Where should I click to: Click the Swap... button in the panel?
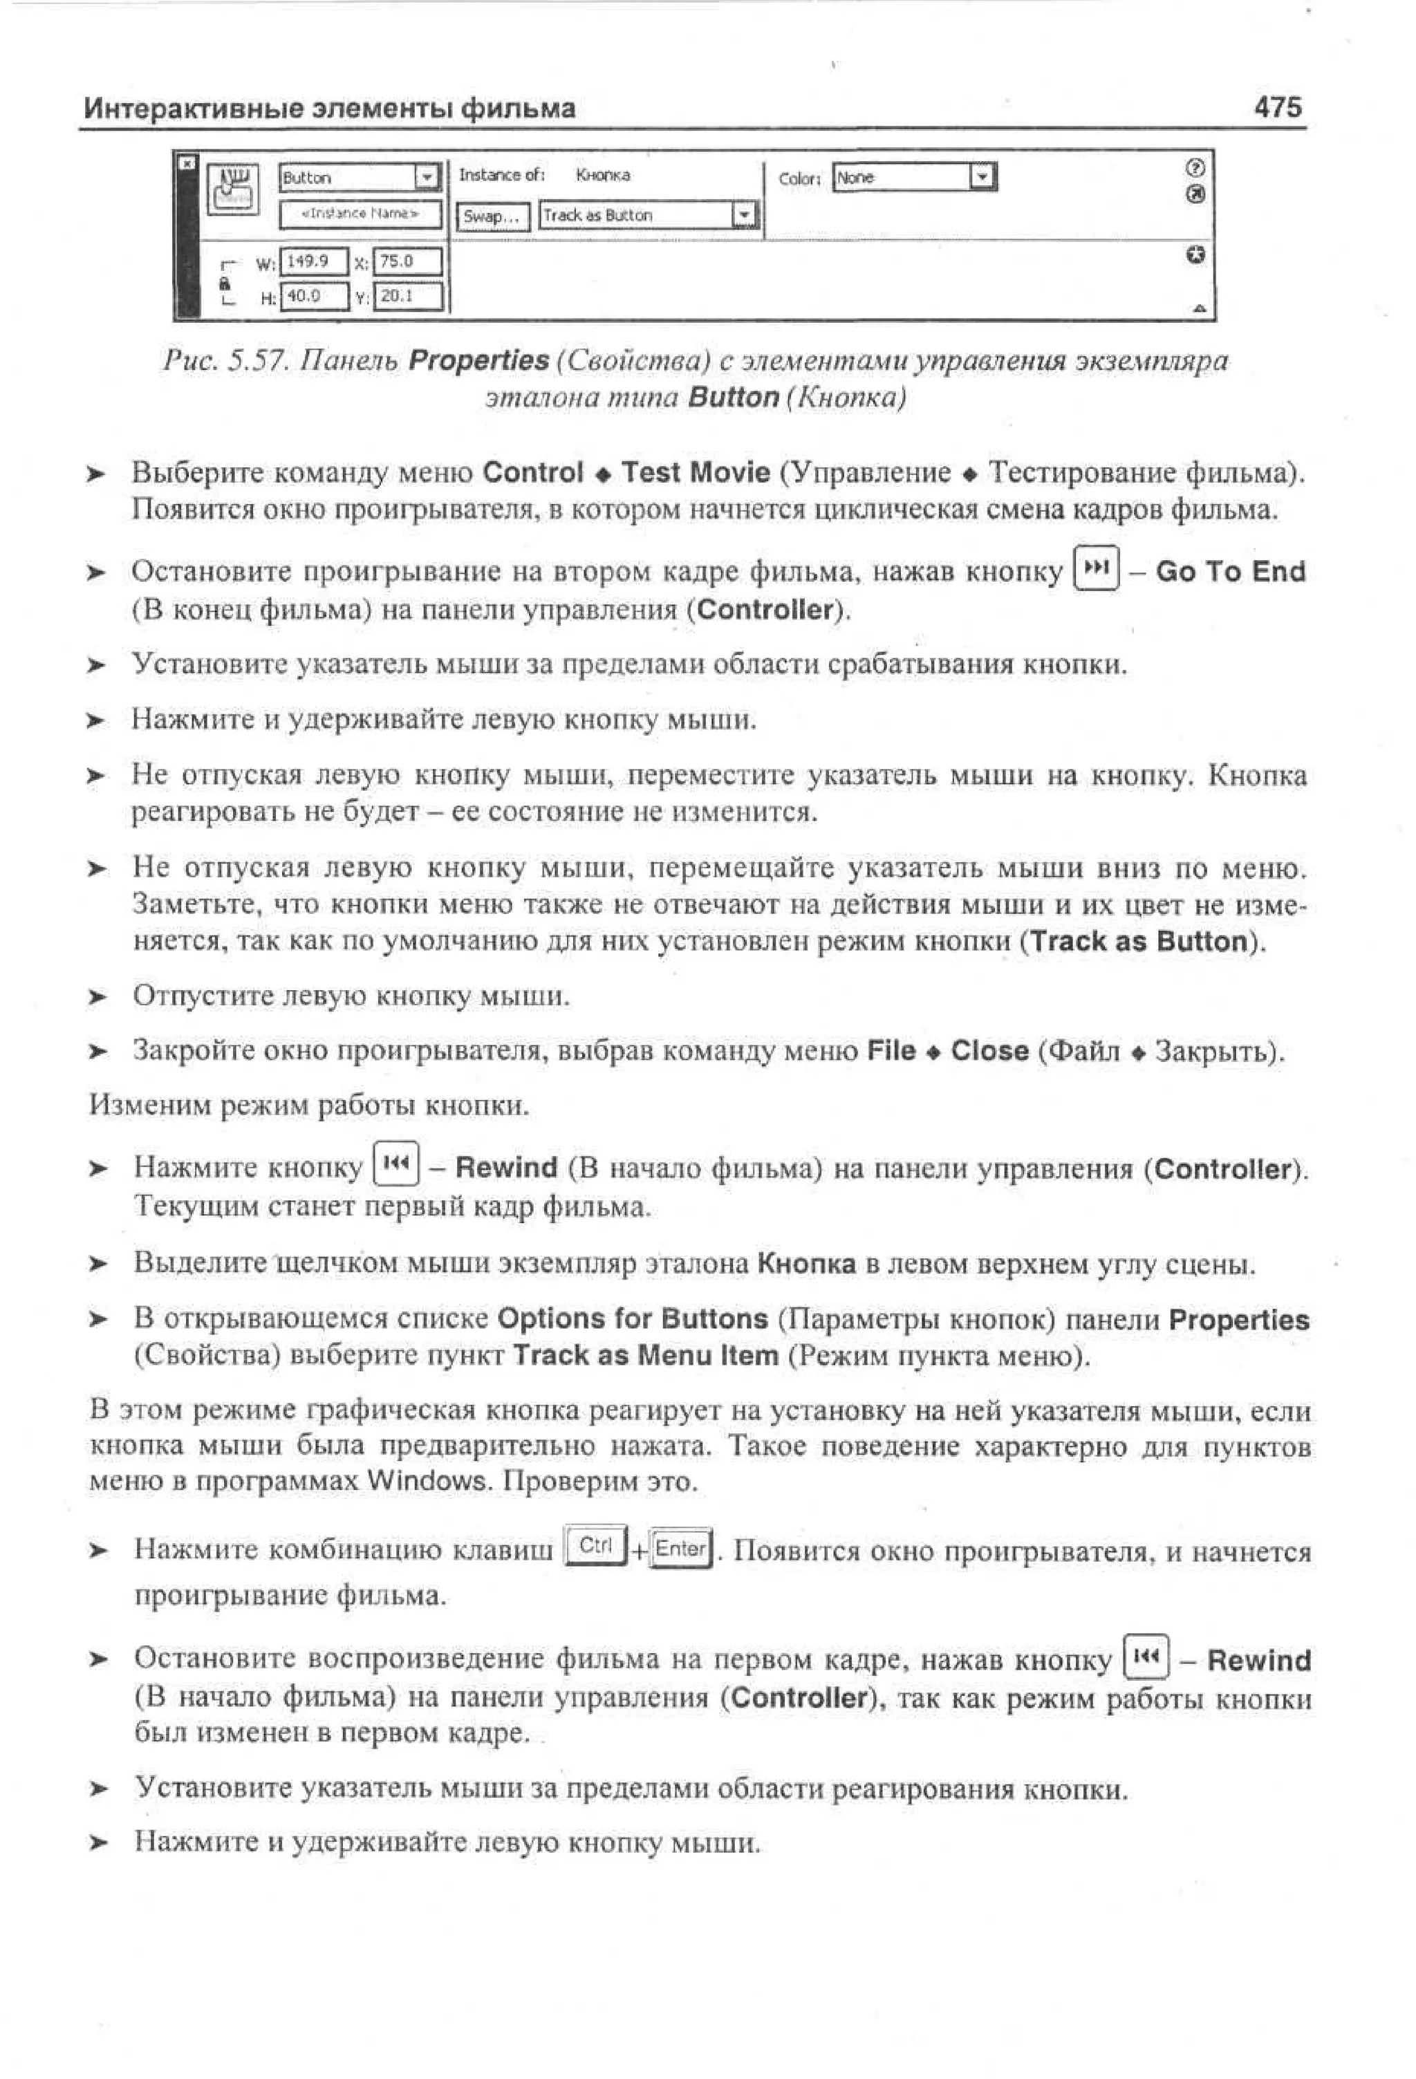[x=492, y=216]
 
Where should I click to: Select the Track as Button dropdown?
[x=648, y=216]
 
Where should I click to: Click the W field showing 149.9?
[x=313, y=261]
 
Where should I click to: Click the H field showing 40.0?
[x=313, y=296]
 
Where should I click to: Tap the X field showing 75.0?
[x=407, y=261]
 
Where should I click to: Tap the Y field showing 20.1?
[x=407, y=296]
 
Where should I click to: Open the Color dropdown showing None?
[x=913, y=177]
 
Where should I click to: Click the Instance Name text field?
[x=360, y=214]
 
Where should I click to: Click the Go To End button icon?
[x=1096, y=570]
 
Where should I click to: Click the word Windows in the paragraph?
[x=427, y=1482]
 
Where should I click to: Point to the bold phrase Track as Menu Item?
[x=645, y=1357]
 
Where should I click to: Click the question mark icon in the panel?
[x=1195, y=168]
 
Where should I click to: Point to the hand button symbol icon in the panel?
[x=232, y=189]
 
